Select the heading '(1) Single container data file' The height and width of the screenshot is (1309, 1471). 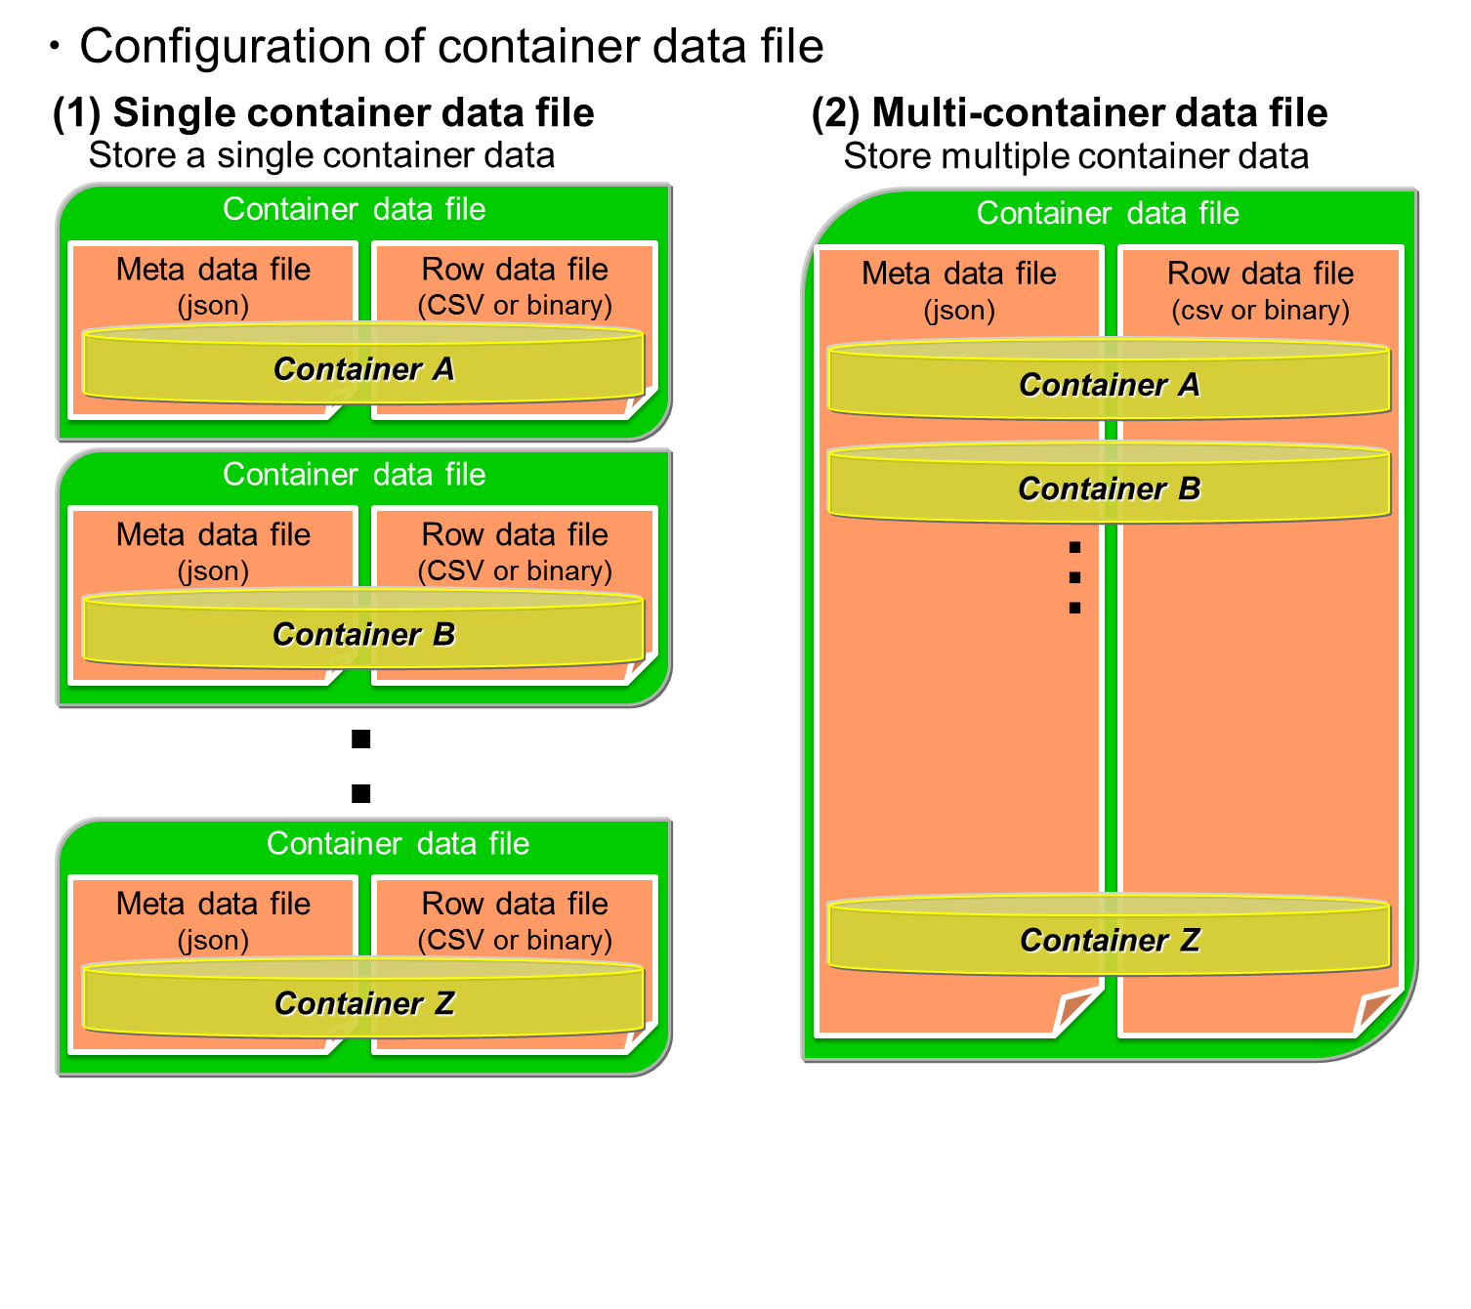(x=323, y=113)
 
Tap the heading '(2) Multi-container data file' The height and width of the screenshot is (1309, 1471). (x=1069, y=113)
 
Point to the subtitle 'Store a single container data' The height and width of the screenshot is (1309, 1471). (x=321, y=156)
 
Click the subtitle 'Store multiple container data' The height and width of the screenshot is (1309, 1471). (x=1075, y=157)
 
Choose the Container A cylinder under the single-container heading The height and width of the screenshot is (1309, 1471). (x=363, y=369)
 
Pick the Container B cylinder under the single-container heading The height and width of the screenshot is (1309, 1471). (x=363, y=634)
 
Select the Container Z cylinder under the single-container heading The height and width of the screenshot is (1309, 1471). (x=363, y=1003)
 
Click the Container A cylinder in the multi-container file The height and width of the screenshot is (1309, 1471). (x=1109, y=385)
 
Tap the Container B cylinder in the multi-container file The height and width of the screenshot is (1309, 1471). (x=1109, y=488)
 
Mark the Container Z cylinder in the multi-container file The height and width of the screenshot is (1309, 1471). (x=1109, y=940)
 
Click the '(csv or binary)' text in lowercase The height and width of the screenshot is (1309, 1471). (x=1260, y=311)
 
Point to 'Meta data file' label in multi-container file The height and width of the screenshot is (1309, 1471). (x=958, y=274)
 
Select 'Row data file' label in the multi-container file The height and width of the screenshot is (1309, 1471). (x=1260, y=274)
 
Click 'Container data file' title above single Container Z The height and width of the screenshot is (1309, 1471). (x=398, y=844)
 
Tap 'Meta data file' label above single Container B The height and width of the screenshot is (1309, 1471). (x=213, y=535)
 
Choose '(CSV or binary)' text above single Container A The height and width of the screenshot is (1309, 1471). (x=515, y=306)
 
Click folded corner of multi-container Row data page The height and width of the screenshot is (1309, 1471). (x=1376, y=1012)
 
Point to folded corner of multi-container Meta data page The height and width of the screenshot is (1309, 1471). (x=1076, y=1012)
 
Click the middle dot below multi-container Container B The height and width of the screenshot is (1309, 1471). (x=1074, y=577)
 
